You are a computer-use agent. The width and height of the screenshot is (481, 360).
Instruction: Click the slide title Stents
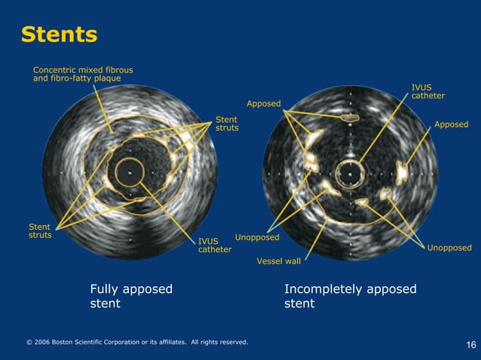click(59, 35)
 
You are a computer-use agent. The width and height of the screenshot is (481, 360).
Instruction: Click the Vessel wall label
click(278, 261)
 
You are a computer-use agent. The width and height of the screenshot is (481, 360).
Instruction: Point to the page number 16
click(471, 345)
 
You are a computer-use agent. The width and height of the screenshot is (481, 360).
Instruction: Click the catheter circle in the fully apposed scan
click(129, 171)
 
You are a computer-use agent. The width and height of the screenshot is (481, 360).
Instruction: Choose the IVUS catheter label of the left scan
click(214, 246)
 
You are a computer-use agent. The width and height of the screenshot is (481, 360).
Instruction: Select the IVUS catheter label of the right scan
click(427, 91)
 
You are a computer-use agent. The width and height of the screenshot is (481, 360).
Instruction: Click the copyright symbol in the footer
click(29, 343)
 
